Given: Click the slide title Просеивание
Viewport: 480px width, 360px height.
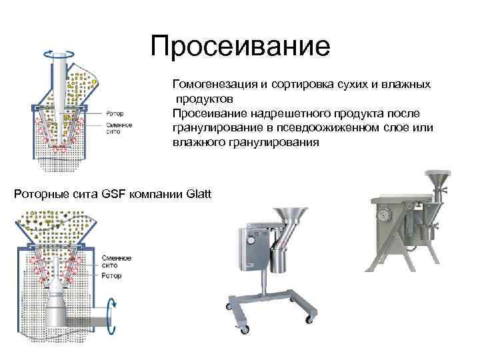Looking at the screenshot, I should point(240,47).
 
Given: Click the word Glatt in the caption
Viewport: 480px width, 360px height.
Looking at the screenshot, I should point(199,194).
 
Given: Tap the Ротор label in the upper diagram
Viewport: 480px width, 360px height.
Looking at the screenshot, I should point(114,114).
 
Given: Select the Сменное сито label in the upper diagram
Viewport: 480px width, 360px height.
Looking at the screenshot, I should point(117,128).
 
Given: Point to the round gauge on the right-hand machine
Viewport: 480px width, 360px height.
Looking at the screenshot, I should point(384,217).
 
